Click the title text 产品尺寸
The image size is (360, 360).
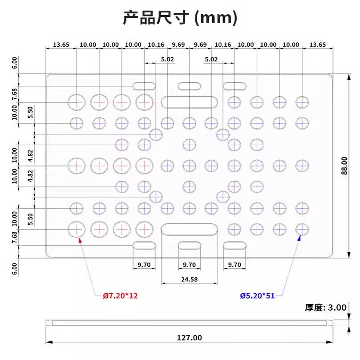pyautogui.click(x=156, y=18)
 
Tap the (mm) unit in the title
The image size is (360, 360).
pyautogui.click(x=215, y=18)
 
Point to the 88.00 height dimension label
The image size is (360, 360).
pyautogui.click(x=344, y=166)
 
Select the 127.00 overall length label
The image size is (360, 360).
pyautogui.click(x=190, y=338)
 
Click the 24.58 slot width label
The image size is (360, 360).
pyautogui.click(x=189, y=279)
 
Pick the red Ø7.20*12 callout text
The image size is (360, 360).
pyautogui.click(x=120, y=296)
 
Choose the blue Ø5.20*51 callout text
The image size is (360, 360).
pyautogui.click(x=257, y=296)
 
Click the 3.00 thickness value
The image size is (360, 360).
pyautogui.click(x=337, y=307)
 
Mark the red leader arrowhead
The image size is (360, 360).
pyautogui.click(x=80, y=240)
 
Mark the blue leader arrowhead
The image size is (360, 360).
pyautogui.click(x=299, y=238)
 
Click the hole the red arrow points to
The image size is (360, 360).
pyautogui.click(x=77, y=229)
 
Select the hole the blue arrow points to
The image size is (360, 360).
pyautogui.click(x=302, y=229)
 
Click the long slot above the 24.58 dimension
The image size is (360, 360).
pyautogui.click(x=190, y=229)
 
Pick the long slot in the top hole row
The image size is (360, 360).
pyautogui.click(x=190, y=102)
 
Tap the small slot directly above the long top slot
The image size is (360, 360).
pyautogui.click(x=190, y=86)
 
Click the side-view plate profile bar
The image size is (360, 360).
pyautogui.click(x=190, y=323)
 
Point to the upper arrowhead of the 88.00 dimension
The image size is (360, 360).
pyautogui.click(x=349, y=77)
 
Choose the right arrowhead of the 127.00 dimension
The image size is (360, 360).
pyautogui.click(x=330, y=342)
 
